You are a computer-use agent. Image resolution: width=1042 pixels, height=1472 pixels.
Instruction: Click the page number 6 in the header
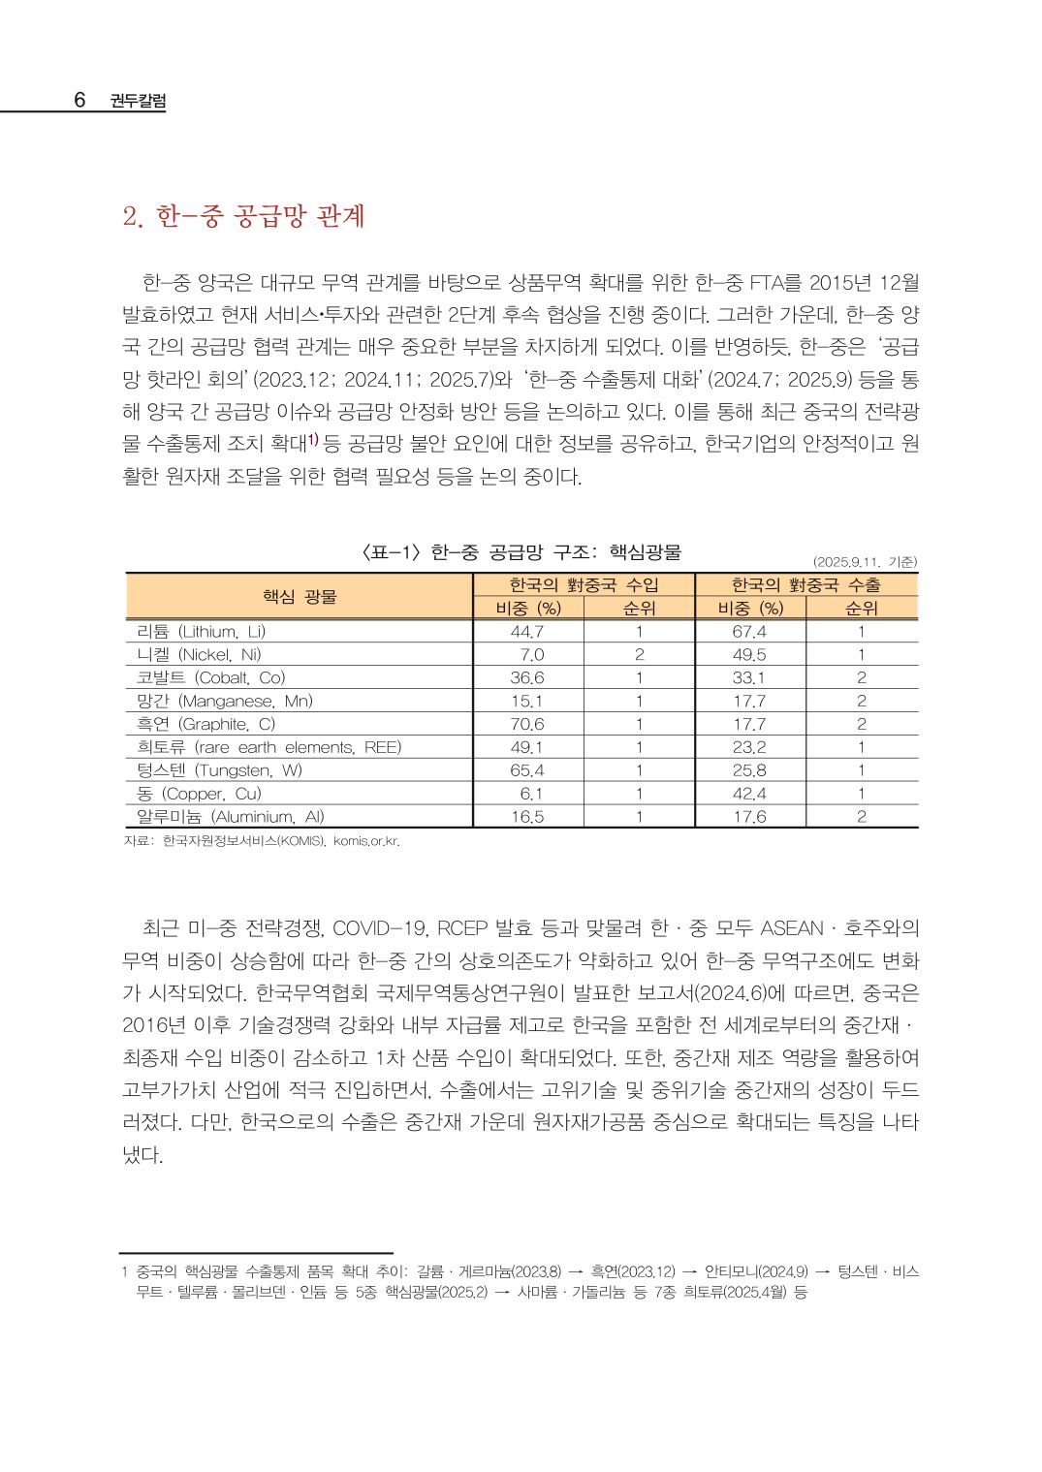pyautogui.click(x=79, y=100)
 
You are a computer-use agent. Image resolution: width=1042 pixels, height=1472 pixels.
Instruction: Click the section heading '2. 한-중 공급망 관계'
pyautogui.click(x=243, y=216)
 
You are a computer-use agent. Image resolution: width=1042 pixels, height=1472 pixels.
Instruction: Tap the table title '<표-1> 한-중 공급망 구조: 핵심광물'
pyautogui.click(x=521, y=552)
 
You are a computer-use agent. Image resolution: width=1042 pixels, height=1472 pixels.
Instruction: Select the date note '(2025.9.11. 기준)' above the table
pyautogui.click(x=865, y=561)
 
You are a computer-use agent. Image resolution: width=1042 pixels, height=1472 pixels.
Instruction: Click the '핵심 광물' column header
pyautogui.click(x=300, y=596)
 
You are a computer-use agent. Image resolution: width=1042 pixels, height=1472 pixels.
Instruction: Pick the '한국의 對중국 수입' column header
pyautogui.click(x=584, y=584)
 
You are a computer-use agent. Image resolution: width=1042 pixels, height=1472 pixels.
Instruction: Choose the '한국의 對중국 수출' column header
pyautogui.click(x=805, y=584)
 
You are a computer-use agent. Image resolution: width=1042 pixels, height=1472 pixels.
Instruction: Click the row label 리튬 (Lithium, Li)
pyautogui.click(x=202, y=631)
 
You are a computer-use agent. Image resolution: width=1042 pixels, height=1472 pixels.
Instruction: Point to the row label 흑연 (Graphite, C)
pyautogui.click(x=205, y=724)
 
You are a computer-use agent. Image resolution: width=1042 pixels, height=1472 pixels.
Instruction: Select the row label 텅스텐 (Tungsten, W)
pyautogui.click(x=219, y=770)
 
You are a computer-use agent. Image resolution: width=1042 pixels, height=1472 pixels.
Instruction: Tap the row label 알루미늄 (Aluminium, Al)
pyautogui.click(x=231, y=817)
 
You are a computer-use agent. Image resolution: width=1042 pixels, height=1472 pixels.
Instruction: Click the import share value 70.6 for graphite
pyautogui.click(x=527, y=724)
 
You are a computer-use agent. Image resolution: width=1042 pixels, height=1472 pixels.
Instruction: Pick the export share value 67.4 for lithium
pyautogui.click(x=749, y=631)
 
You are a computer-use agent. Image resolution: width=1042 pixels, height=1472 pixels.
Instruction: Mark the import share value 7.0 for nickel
pyautogui.click(x=531, y=654)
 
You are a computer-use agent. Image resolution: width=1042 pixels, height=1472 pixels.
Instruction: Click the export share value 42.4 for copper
pyautogui.click(x=749, y=794)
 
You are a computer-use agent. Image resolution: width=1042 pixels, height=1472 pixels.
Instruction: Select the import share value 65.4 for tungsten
pyautogui.click(x=527, y=770)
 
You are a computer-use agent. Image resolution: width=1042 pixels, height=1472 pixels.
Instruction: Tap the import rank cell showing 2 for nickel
pyautogui.click(x=639, y=654)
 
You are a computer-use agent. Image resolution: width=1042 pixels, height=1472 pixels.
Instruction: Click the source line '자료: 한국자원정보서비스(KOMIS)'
pyautogui.click(x=262, y=840)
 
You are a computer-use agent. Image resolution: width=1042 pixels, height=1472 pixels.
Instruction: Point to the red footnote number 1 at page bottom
pyautogui.click(x=124, y=1270)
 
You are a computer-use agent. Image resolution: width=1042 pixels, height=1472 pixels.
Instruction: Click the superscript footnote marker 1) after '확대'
pyautogui.click(x=313, y=441)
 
